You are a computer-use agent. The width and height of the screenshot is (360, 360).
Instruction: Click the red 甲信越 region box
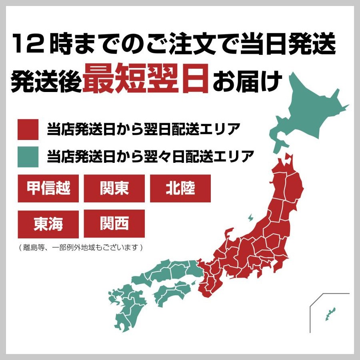click(x=48, y=188)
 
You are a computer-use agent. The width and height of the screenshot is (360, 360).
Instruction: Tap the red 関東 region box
click(x=114, y=188)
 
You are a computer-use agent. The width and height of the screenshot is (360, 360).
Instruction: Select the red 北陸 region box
click(x=180, y=188)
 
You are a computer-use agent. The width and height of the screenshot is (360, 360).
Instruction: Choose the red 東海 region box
click(x=48, y=224)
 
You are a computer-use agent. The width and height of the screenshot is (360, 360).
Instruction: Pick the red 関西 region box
click(x=114, y=224)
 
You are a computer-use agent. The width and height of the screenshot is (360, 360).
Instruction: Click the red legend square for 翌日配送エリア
click(x=28, y=130)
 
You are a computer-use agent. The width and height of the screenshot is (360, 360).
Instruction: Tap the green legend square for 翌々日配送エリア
click(x=28, y=156)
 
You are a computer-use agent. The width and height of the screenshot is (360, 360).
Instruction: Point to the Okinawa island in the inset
click(x=330, y=314)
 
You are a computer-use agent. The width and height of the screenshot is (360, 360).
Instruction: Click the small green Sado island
click(x=250, y=218)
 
